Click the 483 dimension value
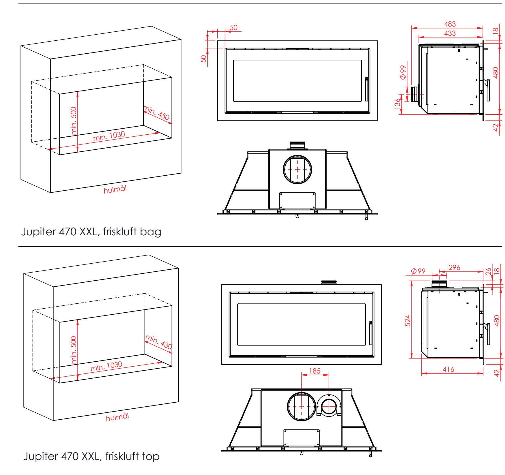(450, 24)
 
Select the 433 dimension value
(450, 33)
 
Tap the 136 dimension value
(398, 104)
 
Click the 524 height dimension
(407, 320)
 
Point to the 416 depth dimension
(448, 369)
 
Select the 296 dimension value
(454, 267)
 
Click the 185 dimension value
(315, 371)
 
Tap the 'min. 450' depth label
(157, 113)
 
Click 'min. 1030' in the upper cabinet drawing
(109, 136)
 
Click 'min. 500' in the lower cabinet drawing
(74, 350)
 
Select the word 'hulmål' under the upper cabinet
(115, 189)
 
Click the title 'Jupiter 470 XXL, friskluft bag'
(91, 232)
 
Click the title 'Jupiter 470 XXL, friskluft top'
(91, 456)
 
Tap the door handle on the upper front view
(367, 89)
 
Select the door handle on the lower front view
(371, 333)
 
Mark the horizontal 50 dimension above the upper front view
(233, 27)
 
